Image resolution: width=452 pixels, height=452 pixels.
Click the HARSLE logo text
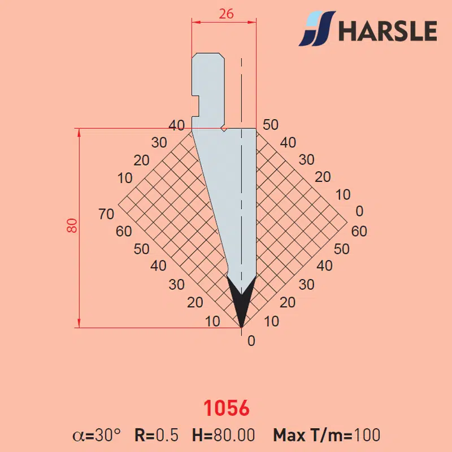(x=388, y=31)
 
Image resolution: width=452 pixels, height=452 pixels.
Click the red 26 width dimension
(x=226, y=14)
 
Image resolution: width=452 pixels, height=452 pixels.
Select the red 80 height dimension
(x=72, y=225)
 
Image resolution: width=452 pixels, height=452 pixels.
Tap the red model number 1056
(x=227, y=408)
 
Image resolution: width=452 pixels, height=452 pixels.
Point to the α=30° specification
(x=97, y=435)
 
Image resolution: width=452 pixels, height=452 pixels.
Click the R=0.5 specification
(x=157, y=435)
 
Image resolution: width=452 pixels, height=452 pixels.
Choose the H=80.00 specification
(x=223, y=435)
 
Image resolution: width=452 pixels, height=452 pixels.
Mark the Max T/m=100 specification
(x=327, y=435)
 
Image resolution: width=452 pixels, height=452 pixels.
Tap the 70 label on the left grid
(x=106, y=214)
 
